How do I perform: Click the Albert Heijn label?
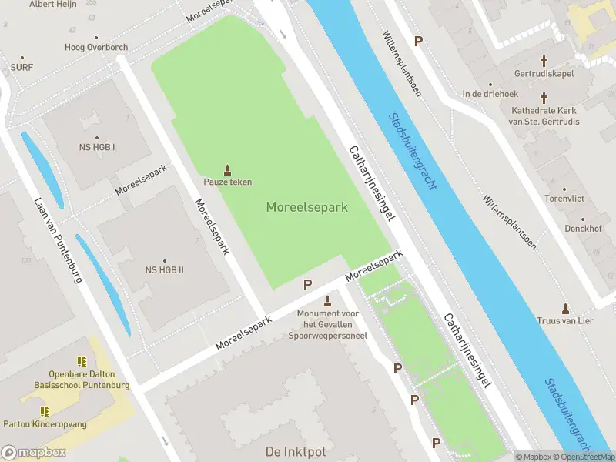pyautogui.click(x=54, y=5)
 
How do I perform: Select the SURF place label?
pyautogui.click(x=22, y=68)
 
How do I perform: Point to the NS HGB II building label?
pyautogui.click(x=164, y=269)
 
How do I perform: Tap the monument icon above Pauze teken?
pyautogui.click(x=227, y=169)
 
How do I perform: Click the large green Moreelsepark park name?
pyautogui.click(x=307, y=207)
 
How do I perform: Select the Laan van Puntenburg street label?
pyautogui.click(x=58, y=240)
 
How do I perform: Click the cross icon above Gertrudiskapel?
pyautogui.click(x=544, y=60)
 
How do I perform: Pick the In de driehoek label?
pyautogui.click(x=490, y=94)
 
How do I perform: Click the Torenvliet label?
pyautogui.click(x=564, y=197)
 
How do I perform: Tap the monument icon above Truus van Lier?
pyautogui.click(x=565, y=308)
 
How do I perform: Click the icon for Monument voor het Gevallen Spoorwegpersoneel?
pyautogui.click(x=328, y=301)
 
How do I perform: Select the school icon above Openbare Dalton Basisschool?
pyautogui.click(x=82, y=361)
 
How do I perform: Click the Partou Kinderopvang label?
pyautogui.click(x=55, y=424)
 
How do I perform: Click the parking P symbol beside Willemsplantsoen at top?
pyautogui.click(x=419, y=41)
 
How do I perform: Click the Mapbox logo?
pyautogui.click(x=34, y=453)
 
